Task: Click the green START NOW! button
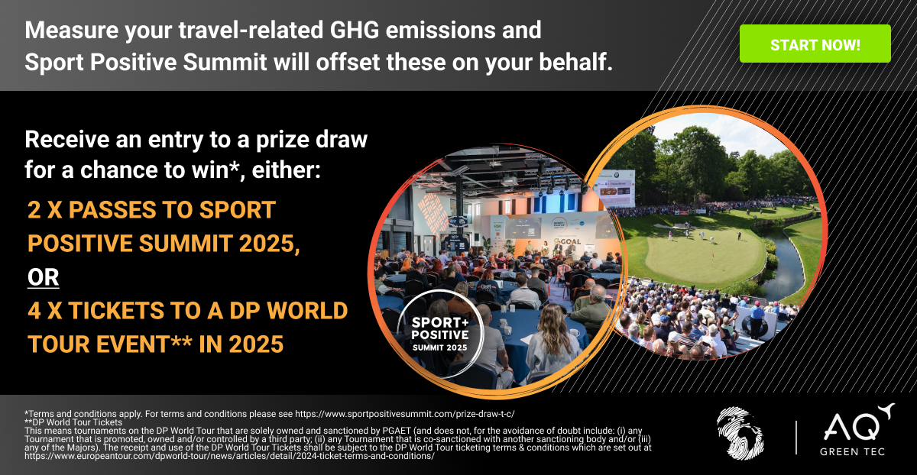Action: point(815,44)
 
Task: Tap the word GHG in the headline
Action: point(355,31)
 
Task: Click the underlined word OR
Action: point(44,277)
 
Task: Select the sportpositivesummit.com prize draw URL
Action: point(404,414)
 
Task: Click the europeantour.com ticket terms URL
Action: point(229,456)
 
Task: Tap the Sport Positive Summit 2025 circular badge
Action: point(439,333)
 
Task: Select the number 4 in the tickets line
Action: point(34,311)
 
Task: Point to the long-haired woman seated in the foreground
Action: point(552,344)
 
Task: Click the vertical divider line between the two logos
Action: point(796,438)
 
